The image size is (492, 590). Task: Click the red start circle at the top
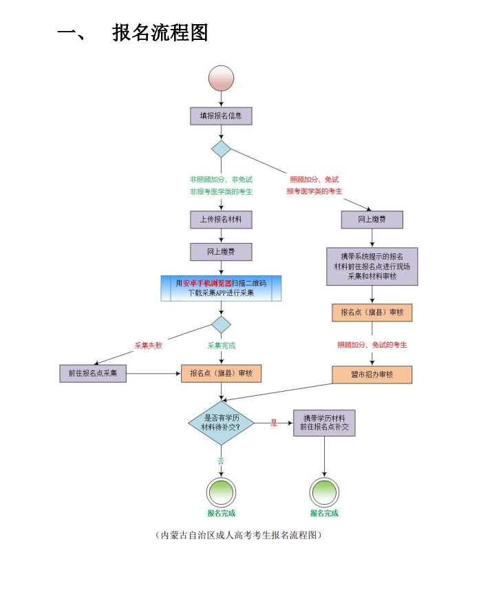(x=221, y=78)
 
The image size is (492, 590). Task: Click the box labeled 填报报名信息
(x=221, y=116)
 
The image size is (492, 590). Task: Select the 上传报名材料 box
(x=221, y=220)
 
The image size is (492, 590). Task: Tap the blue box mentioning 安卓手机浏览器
(x=221, y=288)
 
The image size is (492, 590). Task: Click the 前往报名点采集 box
(x=93, y=373)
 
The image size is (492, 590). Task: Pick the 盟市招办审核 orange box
(x=372, y=375)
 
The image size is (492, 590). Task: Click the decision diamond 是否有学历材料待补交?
(x=221, y=423)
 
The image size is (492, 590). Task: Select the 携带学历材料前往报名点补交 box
(x=324, y=423)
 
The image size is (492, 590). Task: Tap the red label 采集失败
(x=149, y=346)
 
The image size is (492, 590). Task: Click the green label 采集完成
(x=222, y=346)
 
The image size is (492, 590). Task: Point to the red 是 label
(x=274, y=423)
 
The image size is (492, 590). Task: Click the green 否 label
(x=221, y=461)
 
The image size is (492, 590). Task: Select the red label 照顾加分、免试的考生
(x=372, y=345)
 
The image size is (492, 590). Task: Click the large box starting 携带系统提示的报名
(x=372, y=266)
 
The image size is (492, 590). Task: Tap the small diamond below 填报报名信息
(x=221, y=149)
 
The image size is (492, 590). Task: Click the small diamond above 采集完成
(x=221, y=324)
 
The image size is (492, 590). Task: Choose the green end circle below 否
(x=221, y=492)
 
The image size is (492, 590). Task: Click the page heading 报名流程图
(x=160, y=32)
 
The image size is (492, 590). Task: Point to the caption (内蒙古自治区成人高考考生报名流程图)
(x=239, y=535)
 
